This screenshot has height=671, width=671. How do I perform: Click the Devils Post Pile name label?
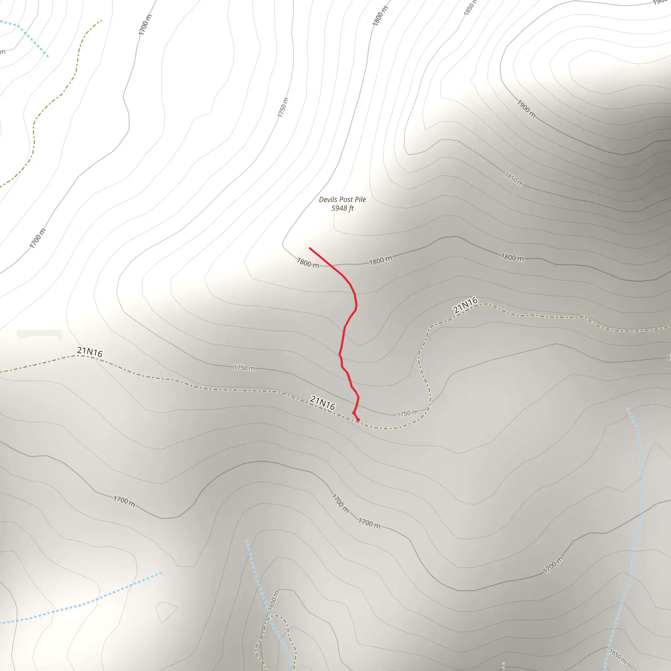[342, 199]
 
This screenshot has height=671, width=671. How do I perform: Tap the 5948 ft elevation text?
[342, 208]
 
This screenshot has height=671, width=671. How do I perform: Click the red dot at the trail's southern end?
[358, 420]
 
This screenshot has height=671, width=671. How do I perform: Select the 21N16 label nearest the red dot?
[323, 403]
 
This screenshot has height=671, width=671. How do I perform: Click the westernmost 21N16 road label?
[89, 352]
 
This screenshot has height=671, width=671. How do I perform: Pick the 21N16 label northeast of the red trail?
[465, 305]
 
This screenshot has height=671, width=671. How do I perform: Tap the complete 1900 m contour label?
[526, 109]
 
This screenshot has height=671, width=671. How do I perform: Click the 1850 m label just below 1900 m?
[514, 179]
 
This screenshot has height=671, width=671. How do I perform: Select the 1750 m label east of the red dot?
[407, 413]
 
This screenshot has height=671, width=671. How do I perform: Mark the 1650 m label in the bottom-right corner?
[618, 656]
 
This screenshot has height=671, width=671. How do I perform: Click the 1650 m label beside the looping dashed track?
[273, 601]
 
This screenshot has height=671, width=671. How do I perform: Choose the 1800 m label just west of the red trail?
[308, 263]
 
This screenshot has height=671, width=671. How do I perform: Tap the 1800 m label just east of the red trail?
[380, 260]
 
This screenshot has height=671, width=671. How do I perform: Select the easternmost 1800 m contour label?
[512, 257]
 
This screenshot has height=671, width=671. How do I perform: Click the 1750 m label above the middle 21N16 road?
[244, 368]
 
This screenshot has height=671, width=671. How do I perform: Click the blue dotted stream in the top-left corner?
[31, 38]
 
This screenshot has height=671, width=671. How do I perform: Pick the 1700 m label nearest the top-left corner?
[145, 25]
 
